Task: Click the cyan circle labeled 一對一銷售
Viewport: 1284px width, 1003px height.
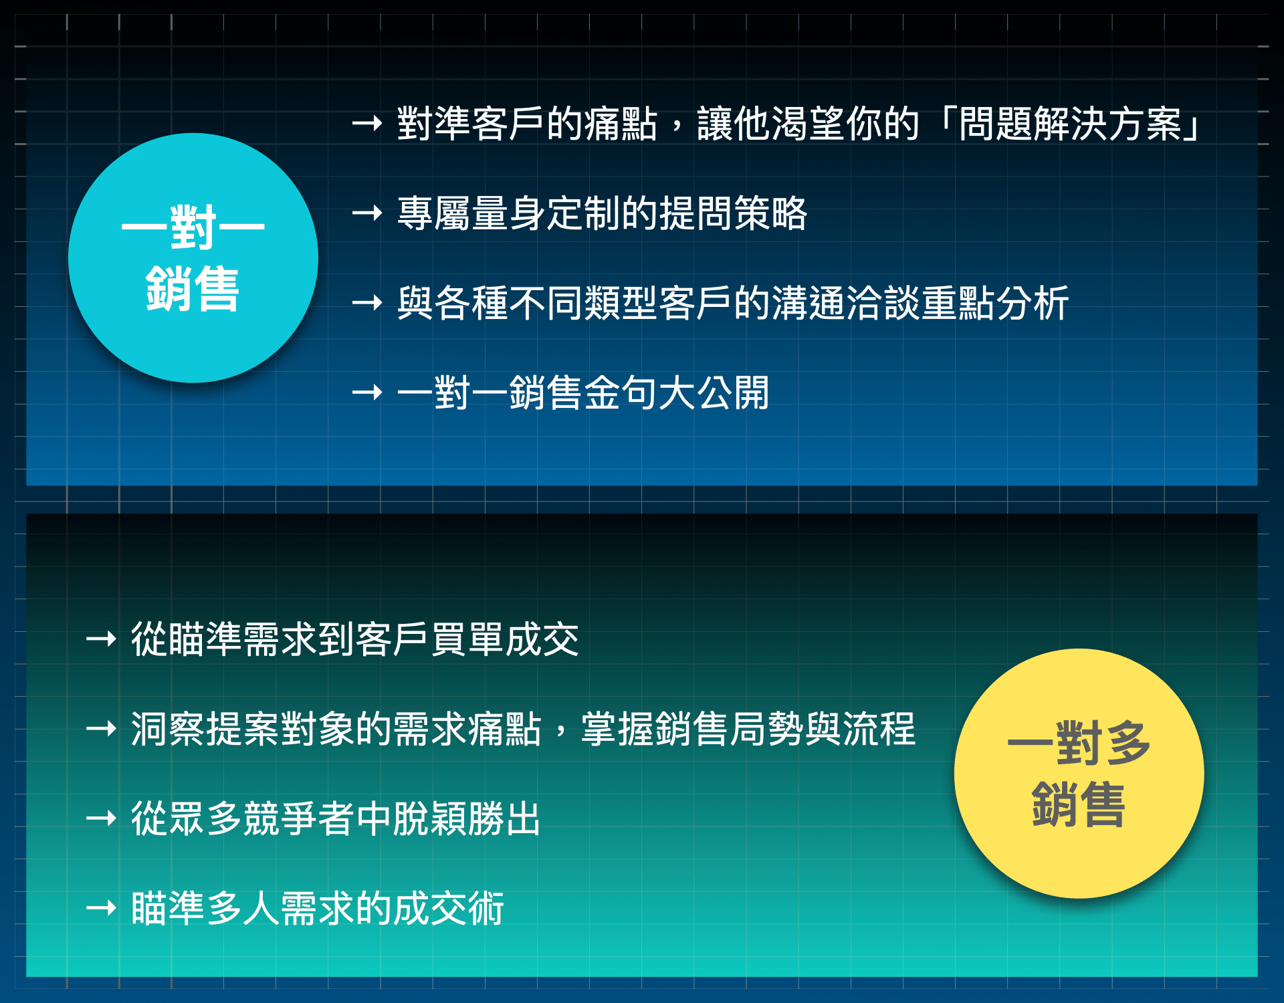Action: (193, 258)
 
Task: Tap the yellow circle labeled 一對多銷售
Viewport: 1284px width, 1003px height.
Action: (1079, 774)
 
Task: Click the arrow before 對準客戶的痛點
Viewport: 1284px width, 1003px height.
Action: (367, 123)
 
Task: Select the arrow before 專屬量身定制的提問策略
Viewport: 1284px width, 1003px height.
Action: (367, 213)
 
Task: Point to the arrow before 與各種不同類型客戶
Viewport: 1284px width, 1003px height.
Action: (367, 303)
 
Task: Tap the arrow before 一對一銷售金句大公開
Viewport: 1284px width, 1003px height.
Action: (367, 392)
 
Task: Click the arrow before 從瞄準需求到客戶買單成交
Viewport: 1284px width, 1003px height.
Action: (102, 639)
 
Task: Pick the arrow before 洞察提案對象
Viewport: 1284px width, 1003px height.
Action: (102, 728)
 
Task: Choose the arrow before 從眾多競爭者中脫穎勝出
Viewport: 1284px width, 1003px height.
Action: (102, 818)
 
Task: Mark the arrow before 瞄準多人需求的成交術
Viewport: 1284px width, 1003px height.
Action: (102, 907)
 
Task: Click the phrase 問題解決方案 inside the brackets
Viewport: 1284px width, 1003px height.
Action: (1070, 124)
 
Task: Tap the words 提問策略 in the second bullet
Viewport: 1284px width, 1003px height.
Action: (734, 213)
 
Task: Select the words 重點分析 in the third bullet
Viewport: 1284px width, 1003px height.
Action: (995, 303)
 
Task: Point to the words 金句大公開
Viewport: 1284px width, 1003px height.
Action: (677, 393)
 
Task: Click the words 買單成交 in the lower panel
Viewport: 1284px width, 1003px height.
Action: (505, 639)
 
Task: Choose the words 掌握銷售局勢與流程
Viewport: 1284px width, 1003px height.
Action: (748, 729)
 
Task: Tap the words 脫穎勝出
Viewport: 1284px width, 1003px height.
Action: (467, 818)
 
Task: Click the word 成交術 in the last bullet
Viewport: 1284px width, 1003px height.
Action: (448, 908)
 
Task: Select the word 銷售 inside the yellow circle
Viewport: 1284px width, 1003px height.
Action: (1079, 804)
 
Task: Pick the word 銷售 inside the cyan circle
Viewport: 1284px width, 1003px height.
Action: (193, 289)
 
